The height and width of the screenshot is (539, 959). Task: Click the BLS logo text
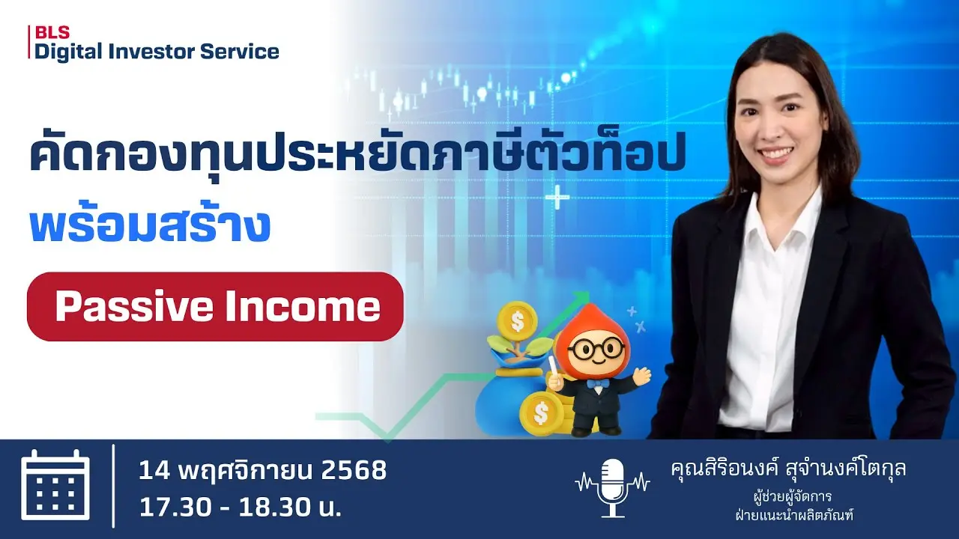(52, 32)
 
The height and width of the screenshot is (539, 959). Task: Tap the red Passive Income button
(215, 306)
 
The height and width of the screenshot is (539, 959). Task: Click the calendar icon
(55, 485)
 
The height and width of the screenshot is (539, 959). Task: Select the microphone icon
(613, 487)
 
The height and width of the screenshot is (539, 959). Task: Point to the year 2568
(353, 470)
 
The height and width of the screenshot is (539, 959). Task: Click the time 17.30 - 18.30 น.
(240, 508)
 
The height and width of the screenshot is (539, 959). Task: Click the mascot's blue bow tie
(598, 383)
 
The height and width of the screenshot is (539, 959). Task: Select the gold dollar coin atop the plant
(518, 320)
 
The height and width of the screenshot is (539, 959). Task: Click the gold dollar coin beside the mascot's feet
(541, 412)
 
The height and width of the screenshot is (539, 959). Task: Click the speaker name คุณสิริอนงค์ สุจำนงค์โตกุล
(788, 469)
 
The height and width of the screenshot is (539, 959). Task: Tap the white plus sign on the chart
(557, 197)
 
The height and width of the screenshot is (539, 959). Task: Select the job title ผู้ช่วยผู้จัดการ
(793, 497)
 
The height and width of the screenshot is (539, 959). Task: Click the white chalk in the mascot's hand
(551, 365)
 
